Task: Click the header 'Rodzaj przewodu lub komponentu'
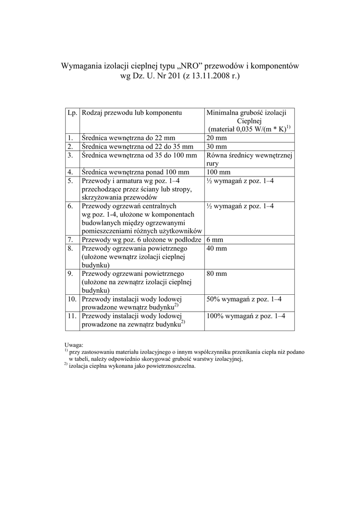click(x=132, y=113)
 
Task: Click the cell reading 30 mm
click(x=216, y=147)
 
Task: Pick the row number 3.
click(x=71, y=156)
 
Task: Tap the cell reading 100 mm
click(x=218, y=172)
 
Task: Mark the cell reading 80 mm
click(x=216, y=274)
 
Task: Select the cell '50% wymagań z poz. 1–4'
click(x=244, y=299)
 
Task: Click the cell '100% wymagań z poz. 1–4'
click(x=246, y=316)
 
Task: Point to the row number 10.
click(x=72, y=299)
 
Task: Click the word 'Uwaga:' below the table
click(x=74, y=344)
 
